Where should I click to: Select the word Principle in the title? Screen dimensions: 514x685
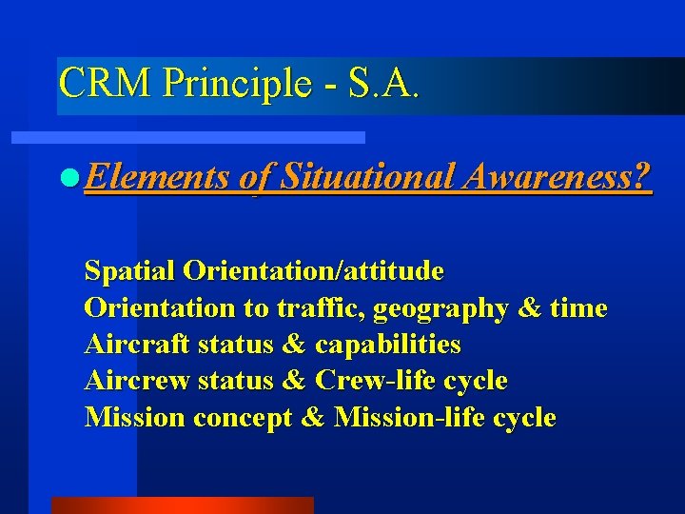click(236, 84)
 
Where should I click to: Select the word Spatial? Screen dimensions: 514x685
click(130, 271)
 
